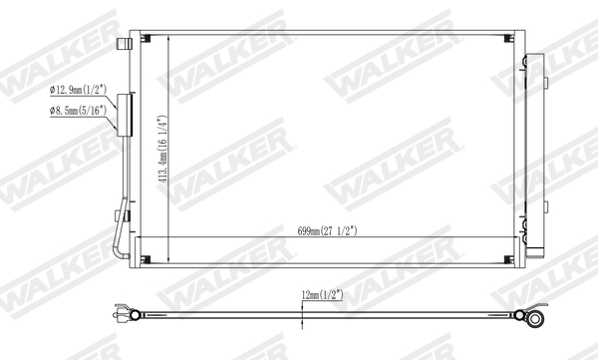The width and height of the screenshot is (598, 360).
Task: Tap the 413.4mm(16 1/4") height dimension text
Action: [160, 150]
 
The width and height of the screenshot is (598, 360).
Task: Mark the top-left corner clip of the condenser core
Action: [147, 38]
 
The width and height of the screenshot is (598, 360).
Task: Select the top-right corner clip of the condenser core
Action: [511, 38]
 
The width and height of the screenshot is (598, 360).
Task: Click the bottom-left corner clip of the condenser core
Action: [147, 261]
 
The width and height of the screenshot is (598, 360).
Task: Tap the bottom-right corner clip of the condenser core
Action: [511, 261]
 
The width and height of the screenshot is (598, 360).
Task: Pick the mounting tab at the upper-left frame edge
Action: [126, 44]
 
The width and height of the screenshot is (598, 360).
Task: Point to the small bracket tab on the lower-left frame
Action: [125, 212]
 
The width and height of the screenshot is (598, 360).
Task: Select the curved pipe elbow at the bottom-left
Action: [122, 252]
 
